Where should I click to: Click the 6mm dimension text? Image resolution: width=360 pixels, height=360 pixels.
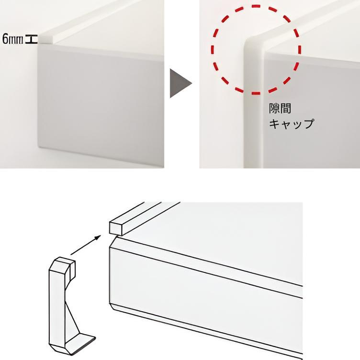tap(13, 39)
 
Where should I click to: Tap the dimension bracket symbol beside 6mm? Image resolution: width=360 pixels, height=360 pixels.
tap(31, 39)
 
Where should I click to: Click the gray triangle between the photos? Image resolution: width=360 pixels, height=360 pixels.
tap(180, 83)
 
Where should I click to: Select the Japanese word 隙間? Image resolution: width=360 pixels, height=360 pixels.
tap(280, 108)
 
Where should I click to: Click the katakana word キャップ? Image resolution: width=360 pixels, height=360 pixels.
tap(292, 124)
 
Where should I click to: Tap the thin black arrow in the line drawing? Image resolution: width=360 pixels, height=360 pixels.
tap(86, 245)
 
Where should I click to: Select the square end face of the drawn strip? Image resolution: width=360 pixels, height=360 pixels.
tap(115, 228)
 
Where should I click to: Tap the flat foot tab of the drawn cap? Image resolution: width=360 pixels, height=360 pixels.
tap(80, 344)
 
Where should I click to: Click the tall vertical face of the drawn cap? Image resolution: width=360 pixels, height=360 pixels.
tap(57, 307)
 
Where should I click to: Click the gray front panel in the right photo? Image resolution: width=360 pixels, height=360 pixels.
tap(312, 110)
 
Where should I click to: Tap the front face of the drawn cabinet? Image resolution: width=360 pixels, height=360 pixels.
tap(206, 298)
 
